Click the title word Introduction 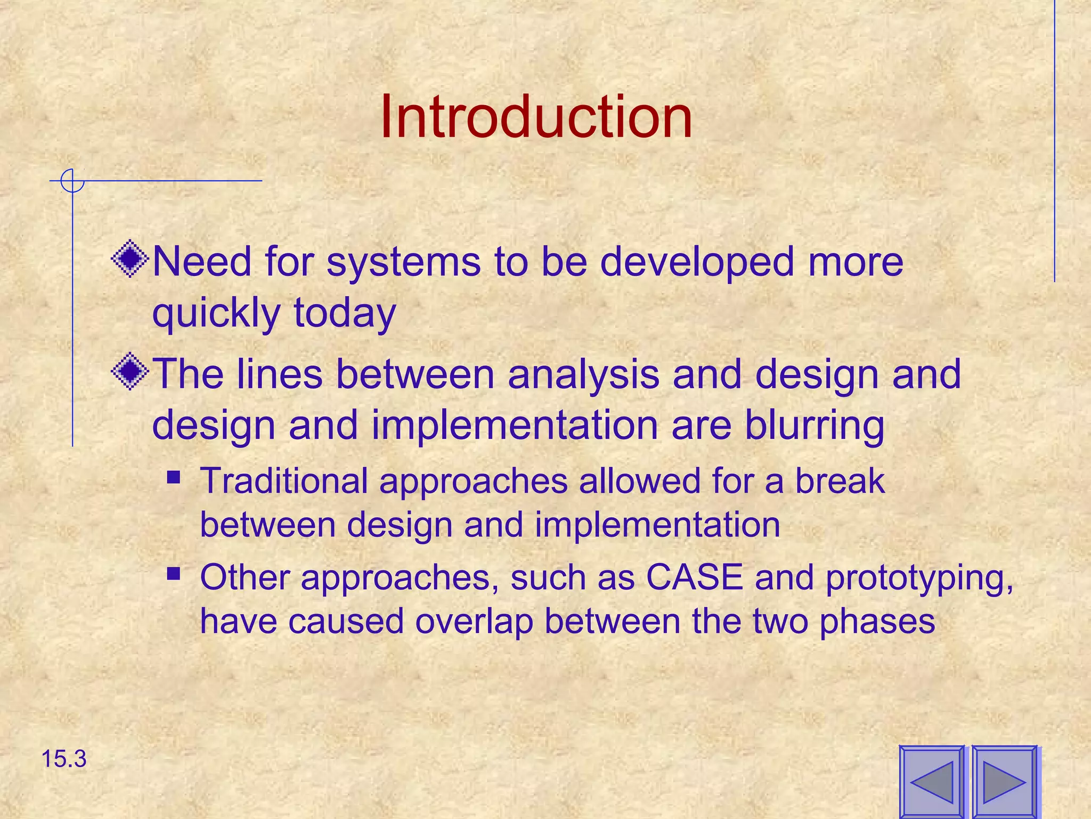[x=536, y=117]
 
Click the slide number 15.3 [x=63, y=759]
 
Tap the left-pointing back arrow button [x=932, y=782]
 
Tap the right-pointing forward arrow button [x=1004, y=782]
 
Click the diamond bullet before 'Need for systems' [x=130, y=260]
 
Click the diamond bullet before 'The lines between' [x=130, y=372]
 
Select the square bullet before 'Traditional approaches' [x=173, y=476]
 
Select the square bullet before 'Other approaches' [x=173, y=574]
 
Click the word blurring [x=815, y=426]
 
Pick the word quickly [x=216, y=313]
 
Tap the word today [x=345, y=313]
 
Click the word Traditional [x=283, y=481]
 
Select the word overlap [x=474, y=622]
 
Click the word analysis [x=583, y=375]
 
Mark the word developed [x=697, y=263]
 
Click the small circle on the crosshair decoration [x=72, y=181]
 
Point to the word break [x=840, y=481]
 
